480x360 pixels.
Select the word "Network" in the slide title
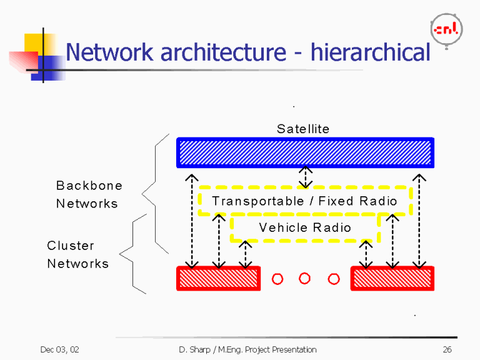pyautogui.click(x=109, y=52)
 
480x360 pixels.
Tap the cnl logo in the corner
pyautogui.click(x=446, y=29)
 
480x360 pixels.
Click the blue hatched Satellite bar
pyautogui.click(x=305, y=152)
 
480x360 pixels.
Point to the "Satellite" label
pyautogui.click(x=303, y=129)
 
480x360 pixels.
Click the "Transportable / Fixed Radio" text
pyautogui.click(x=304, y=201)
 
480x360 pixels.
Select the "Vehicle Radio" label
pyautogui.click(x=304, y=227)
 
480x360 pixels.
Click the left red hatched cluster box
pyautogui.click(x=218, y=278)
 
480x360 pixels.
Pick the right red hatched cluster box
pyautogui.click(x=392, y=278)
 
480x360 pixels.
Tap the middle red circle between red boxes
pyautogui.click(x=305, y=278)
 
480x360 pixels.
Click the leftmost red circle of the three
pyautogui.click(x=277, y=278)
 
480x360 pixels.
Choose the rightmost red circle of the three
pyautogui.click(x=333, y=278)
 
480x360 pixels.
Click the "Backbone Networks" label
pyautogui.click(x=89, y=194)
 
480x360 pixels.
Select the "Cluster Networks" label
pyautogui.click(x=77, y=254)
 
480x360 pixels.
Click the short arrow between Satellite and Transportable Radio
pyautogui.click(x=305, y=177)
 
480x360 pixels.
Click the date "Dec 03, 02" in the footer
pyautogui.click(x=59, y=349)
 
